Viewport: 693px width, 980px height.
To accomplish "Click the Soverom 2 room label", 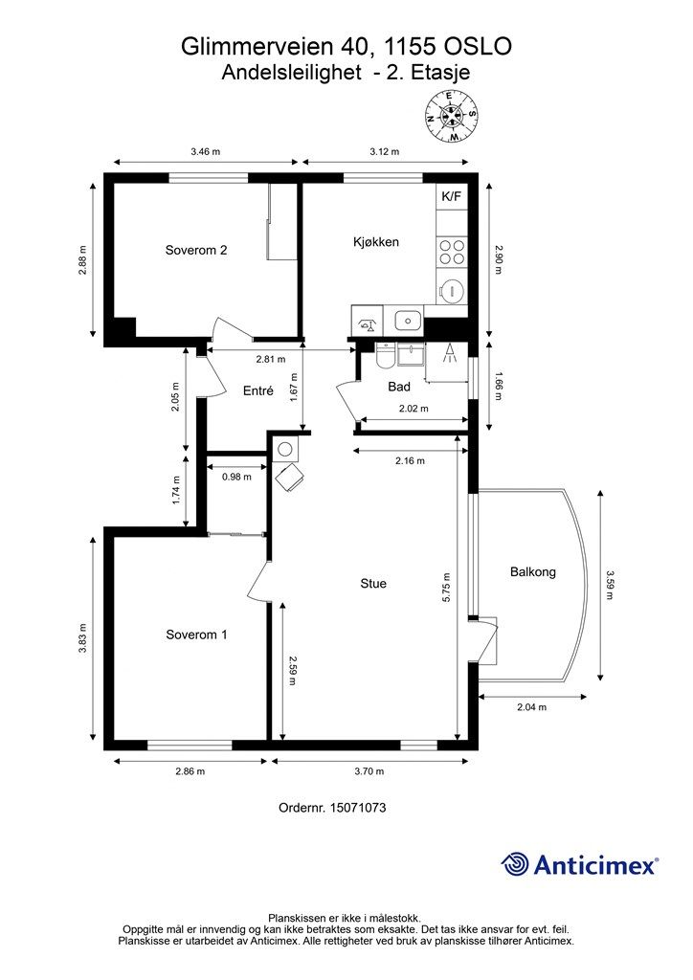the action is (195, 250).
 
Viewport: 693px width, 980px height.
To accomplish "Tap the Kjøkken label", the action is (375, 242).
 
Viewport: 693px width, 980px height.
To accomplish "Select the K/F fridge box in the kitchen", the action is (451, 196).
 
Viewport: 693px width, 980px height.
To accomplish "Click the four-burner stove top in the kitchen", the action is (451, 252).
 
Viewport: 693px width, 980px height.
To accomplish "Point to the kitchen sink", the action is (408, 321).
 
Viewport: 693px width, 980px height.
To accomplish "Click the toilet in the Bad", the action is (384, 356).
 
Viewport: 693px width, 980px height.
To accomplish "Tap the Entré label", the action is (258, 390).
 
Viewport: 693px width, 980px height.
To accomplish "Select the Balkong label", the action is (532, 571).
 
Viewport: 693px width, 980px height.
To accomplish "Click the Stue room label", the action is (373, 583).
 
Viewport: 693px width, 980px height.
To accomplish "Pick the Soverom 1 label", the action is (196, 635).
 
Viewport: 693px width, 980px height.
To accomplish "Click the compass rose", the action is (451, 116).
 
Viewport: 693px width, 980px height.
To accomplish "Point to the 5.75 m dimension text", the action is (446, 588).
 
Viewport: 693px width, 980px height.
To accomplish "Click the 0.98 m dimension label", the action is (236, 477).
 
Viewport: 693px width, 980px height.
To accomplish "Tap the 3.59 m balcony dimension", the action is (610, 584).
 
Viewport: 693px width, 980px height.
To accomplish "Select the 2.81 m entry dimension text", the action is (271, 359).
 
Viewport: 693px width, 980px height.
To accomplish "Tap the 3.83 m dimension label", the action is (82, 638).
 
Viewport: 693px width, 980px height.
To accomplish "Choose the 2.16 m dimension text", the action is (410, 460).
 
